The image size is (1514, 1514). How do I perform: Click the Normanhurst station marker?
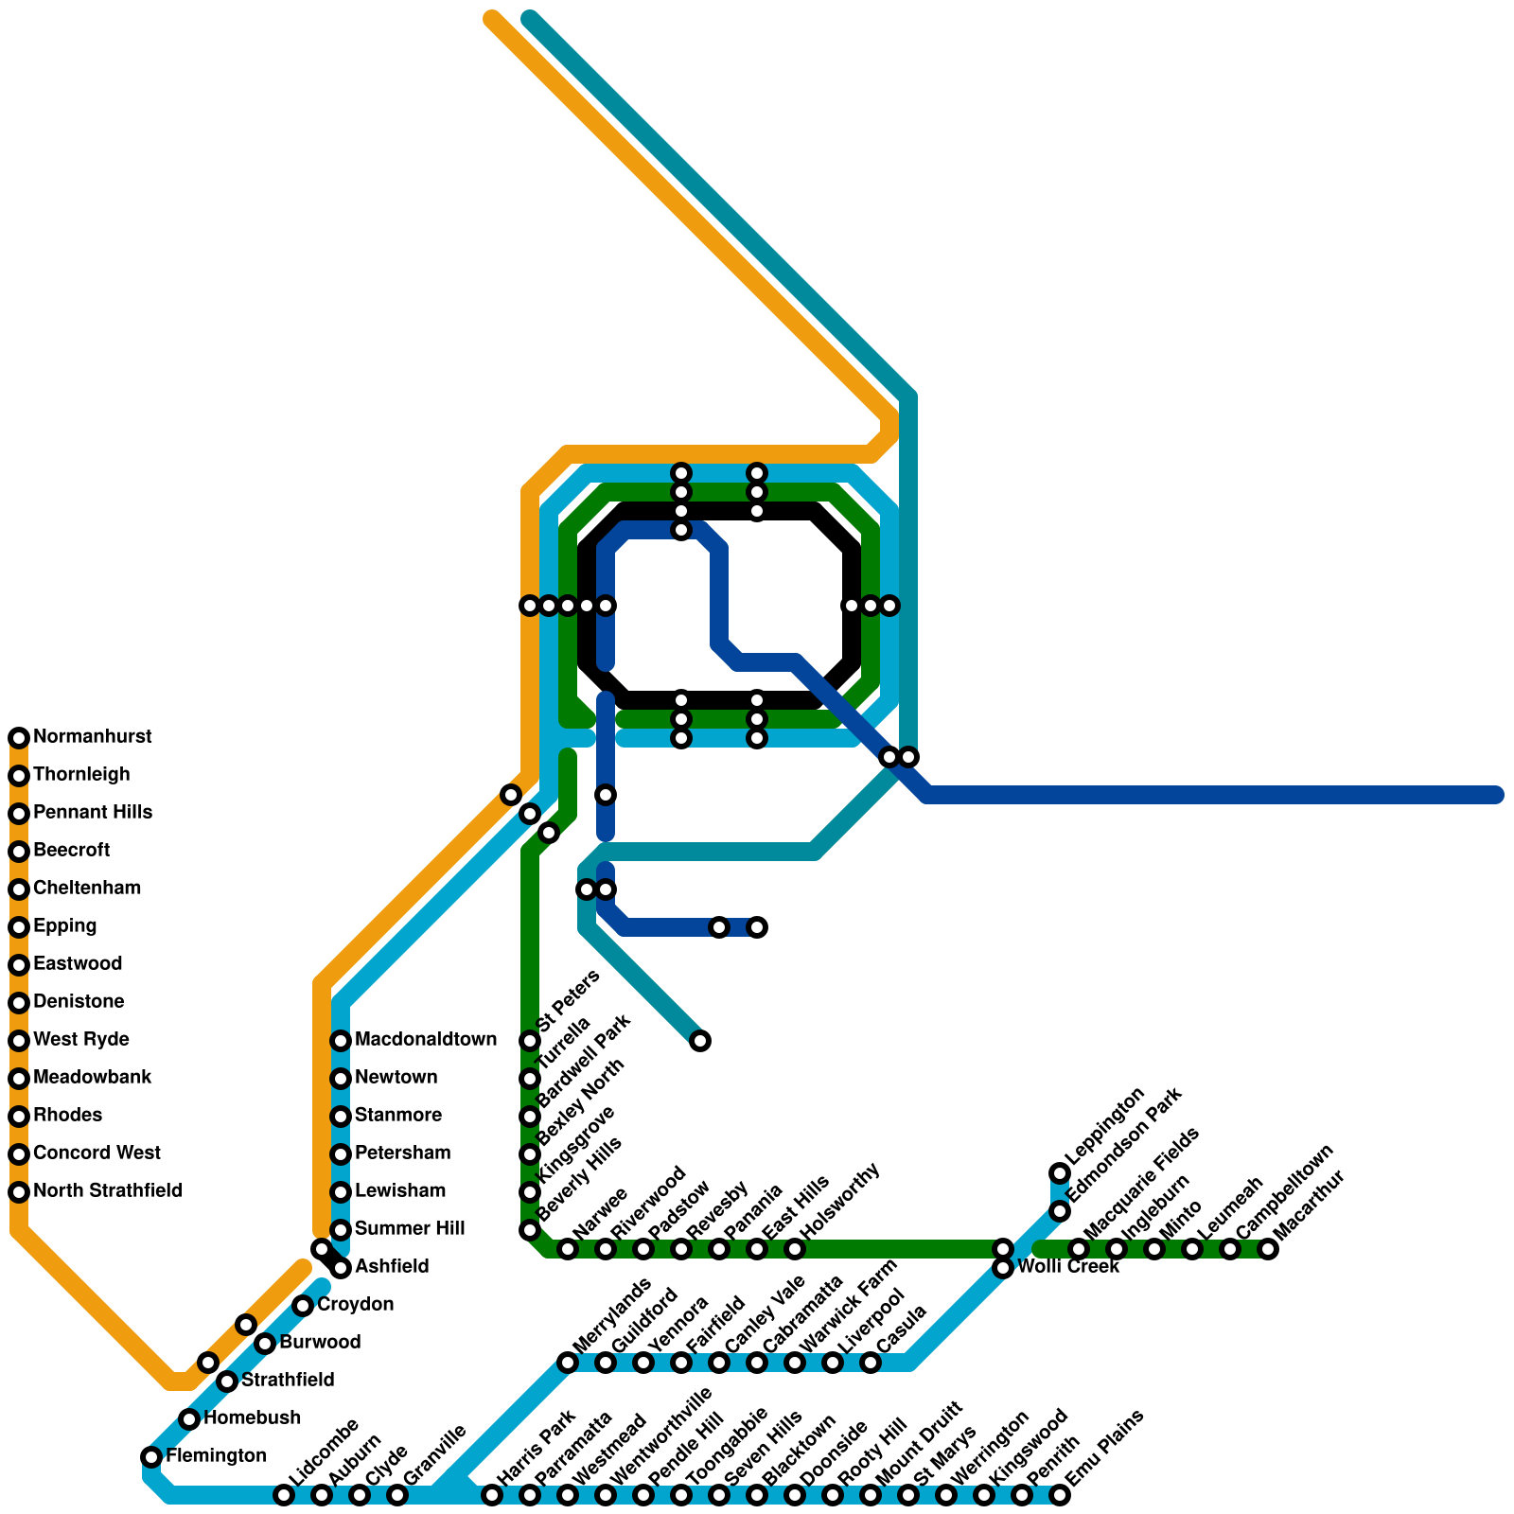tap(19, 738)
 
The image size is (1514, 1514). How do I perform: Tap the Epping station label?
tap(64, 926)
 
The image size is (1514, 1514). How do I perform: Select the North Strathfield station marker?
tap(19, 1192)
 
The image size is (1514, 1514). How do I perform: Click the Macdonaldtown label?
tap(425, 1040)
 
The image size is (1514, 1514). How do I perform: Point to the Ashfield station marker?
tap(341, 1268)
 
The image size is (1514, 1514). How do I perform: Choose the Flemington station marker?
tap(151, 1456)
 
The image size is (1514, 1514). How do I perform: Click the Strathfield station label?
tap(288, 1381)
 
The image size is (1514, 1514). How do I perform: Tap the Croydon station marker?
tap(303, 1306)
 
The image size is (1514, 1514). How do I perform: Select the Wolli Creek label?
tap(1068, 1267)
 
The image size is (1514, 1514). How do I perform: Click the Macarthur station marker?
tap(1268, 1249)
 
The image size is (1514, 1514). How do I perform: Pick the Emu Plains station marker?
tap(1060, 1495)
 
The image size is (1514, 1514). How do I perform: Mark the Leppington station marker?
tap(1060, 1173)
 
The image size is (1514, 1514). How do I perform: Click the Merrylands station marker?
tap(568, 1363)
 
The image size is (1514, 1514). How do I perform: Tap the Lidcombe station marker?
tap(284, 1495)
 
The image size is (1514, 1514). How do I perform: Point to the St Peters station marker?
tap(530, 1041)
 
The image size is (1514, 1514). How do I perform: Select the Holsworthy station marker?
tap(795, 1249)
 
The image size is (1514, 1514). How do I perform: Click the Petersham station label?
tap(402, 1153)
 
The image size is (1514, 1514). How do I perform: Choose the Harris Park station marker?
tap(492, 1495)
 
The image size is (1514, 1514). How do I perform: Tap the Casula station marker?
tap(871, 1363)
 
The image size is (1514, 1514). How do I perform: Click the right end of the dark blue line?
tap(1495, 795)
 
